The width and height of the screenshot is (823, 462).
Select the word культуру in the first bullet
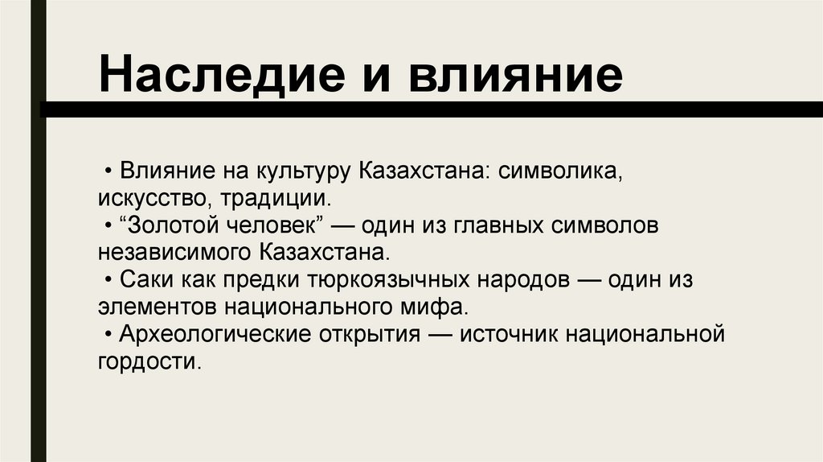click(x=297, y=171)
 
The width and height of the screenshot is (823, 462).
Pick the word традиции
click(x=269, y=198)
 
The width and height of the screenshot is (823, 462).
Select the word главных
click(x=502, y=225)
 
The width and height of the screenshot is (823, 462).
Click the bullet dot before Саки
click(x=108, y=280)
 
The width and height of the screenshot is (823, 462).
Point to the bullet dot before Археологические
click(x=108, y=334)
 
